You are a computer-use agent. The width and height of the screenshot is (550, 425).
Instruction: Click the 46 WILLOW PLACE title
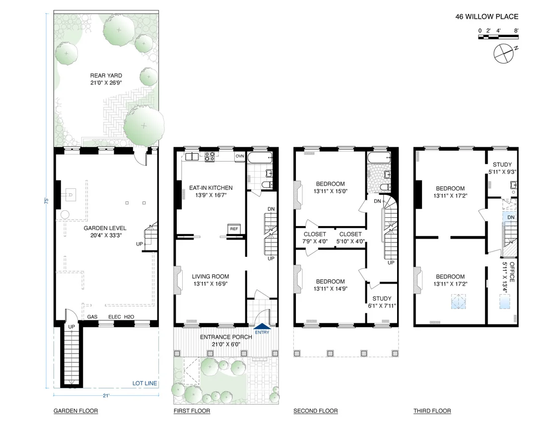486,16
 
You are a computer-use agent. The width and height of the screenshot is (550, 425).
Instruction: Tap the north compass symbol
504,54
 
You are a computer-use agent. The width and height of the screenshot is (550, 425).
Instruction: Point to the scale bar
498,37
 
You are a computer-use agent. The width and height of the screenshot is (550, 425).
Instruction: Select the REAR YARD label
106,75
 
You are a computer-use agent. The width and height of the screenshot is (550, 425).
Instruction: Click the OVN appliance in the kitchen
240,156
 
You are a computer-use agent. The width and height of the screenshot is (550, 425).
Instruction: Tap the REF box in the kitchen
234,229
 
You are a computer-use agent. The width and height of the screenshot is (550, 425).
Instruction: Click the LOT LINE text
144,383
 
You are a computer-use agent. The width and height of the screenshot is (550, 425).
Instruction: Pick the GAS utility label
92,317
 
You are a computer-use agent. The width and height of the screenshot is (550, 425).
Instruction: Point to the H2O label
129,317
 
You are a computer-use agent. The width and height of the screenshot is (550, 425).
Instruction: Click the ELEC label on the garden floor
115,317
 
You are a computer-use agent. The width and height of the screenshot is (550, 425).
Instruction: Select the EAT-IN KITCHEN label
211,188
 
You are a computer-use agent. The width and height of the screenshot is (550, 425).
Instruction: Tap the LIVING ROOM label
210,276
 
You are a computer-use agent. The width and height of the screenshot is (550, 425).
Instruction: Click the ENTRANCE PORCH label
226,337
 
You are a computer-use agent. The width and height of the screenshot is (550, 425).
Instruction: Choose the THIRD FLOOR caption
432,411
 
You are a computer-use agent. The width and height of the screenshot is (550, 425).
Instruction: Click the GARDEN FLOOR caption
76,411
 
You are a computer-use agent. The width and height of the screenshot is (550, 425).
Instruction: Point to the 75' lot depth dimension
46,201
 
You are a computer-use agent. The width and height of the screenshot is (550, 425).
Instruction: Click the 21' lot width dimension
106,396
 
